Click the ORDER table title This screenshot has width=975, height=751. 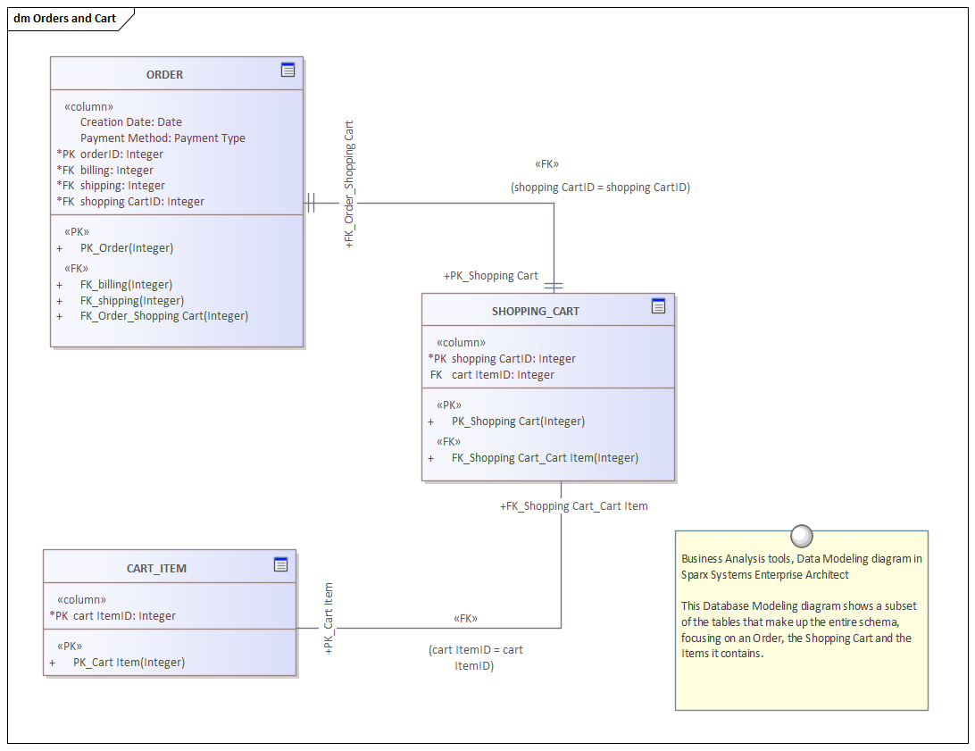tap(164, 75)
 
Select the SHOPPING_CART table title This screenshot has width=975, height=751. tap(535, 312)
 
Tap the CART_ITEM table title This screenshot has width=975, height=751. tap(156, 569)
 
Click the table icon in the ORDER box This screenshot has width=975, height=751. tap(287, 70)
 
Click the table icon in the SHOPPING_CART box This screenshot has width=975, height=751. tap(658, 306)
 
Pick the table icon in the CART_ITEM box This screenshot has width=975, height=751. tap(280, 563)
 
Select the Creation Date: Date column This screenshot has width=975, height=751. tap(130, 122)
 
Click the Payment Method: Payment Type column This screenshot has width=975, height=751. tap(162, 138)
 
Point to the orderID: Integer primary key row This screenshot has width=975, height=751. tap(121, 154)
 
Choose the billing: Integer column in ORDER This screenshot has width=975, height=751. tap(116, 171)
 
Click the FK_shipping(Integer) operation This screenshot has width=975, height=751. tap(132, 301)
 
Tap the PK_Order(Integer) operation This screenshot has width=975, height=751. tap(127, 248)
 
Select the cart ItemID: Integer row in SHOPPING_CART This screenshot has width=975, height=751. tap(503, 375)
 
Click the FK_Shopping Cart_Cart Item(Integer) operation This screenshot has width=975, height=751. tap(545, 458)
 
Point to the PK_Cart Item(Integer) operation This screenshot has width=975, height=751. tap(129, 663)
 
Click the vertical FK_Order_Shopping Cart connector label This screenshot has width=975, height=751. tap(349, 183)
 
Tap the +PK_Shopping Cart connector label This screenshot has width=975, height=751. tap(491, 276)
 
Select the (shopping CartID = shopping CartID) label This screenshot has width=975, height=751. tap(600, 188)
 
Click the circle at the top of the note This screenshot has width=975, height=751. tap(802, 536)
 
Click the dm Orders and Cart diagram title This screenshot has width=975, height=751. tap(65, 19)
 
